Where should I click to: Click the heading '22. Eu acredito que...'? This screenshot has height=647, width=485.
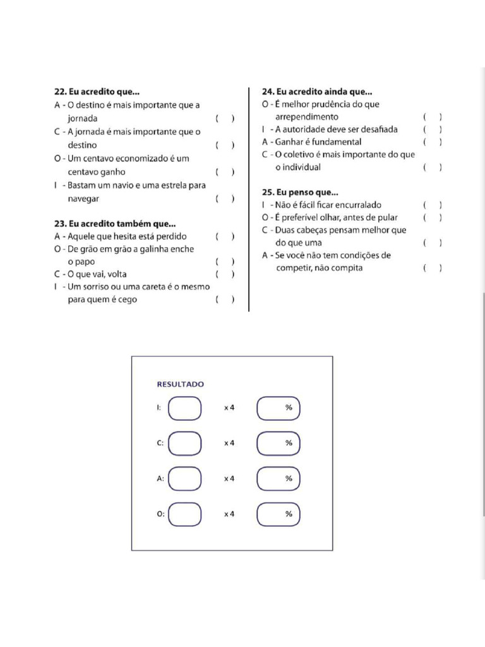coord(97,92)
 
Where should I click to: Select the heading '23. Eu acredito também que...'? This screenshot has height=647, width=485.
coord(115,224)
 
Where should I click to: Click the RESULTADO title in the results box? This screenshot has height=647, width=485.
coord(180,384)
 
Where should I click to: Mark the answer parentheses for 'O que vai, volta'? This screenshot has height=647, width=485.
coord(225,275)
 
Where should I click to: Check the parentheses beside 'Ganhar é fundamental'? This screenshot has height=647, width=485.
coord(432,142)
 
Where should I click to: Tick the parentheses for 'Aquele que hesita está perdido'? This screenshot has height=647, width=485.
coord(225,237)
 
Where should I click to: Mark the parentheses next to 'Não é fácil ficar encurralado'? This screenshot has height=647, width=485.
coord(432,205)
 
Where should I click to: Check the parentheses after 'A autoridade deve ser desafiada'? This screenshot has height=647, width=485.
coord(432,130)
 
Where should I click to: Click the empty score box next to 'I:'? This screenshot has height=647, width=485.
coord(185,408)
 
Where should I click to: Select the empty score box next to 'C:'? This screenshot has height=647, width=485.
coord(185,444)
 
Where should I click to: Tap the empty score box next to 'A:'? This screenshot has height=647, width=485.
coord(185,479)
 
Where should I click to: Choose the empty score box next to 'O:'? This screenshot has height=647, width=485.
coord(185,514)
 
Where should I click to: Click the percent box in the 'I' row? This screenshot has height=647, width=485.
coord(278,408)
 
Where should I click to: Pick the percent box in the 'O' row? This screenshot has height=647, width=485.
coord(278,514)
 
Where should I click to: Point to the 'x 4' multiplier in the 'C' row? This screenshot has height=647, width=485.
coord(229,444)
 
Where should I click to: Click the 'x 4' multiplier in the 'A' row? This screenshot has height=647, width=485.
coord(229,479)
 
